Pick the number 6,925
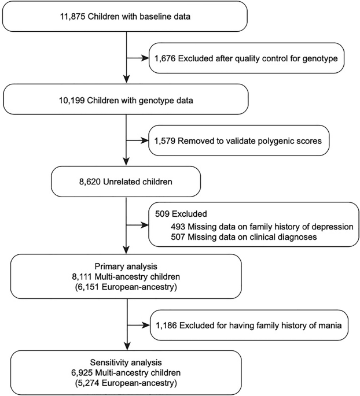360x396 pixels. [x=86, y=372]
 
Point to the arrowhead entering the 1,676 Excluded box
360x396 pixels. [x=145, y=58]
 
